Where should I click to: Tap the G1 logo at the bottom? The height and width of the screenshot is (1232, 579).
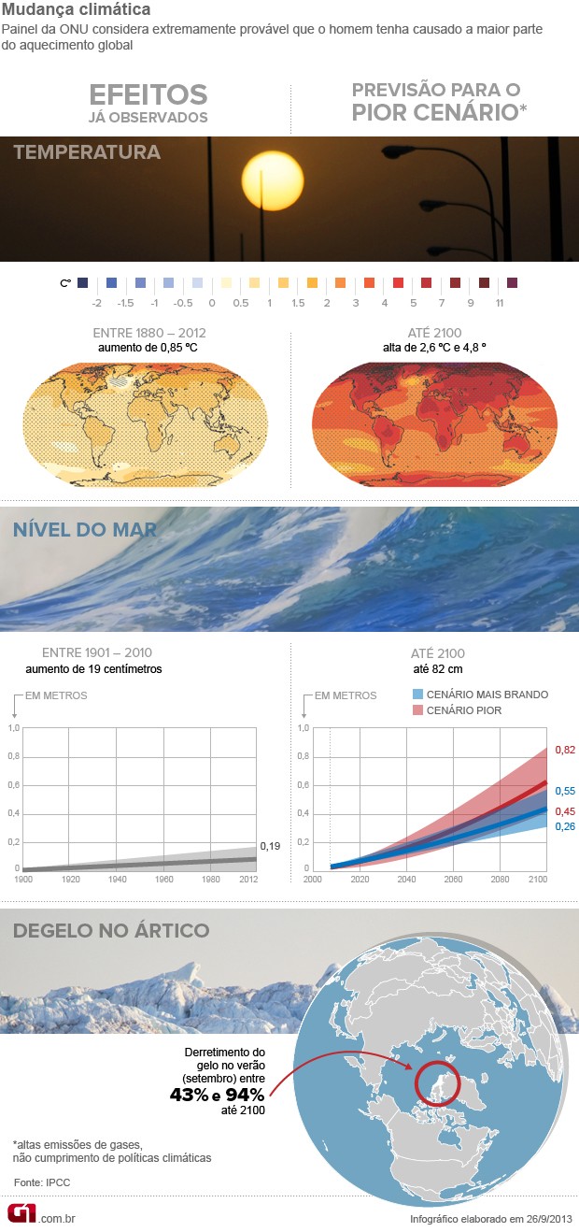[22, 1213]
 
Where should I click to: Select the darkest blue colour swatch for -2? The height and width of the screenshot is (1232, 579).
[83, 282]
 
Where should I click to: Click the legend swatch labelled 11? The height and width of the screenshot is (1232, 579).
[511, 282]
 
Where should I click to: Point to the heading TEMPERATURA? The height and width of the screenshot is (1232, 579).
[87, 152]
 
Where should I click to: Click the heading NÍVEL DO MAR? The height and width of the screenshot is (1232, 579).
[85, 530]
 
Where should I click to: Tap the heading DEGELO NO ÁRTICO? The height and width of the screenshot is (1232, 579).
[111, 930]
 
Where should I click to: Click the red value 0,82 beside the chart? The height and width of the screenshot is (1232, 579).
[565, 750]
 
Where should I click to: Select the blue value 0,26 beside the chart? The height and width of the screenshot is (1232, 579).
[565, 826]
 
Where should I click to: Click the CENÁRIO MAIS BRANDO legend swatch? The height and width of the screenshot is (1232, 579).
[418, 695]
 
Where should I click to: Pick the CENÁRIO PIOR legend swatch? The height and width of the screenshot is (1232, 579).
[418, 711]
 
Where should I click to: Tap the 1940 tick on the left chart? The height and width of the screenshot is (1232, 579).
[118, 880]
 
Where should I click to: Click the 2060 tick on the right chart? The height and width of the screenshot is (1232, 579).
[454, 880]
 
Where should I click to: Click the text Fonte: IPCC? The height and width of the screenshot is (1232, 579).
[42, 1182]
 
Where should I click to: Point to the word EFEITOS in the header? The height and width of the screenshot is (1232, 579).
[148, 94]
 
